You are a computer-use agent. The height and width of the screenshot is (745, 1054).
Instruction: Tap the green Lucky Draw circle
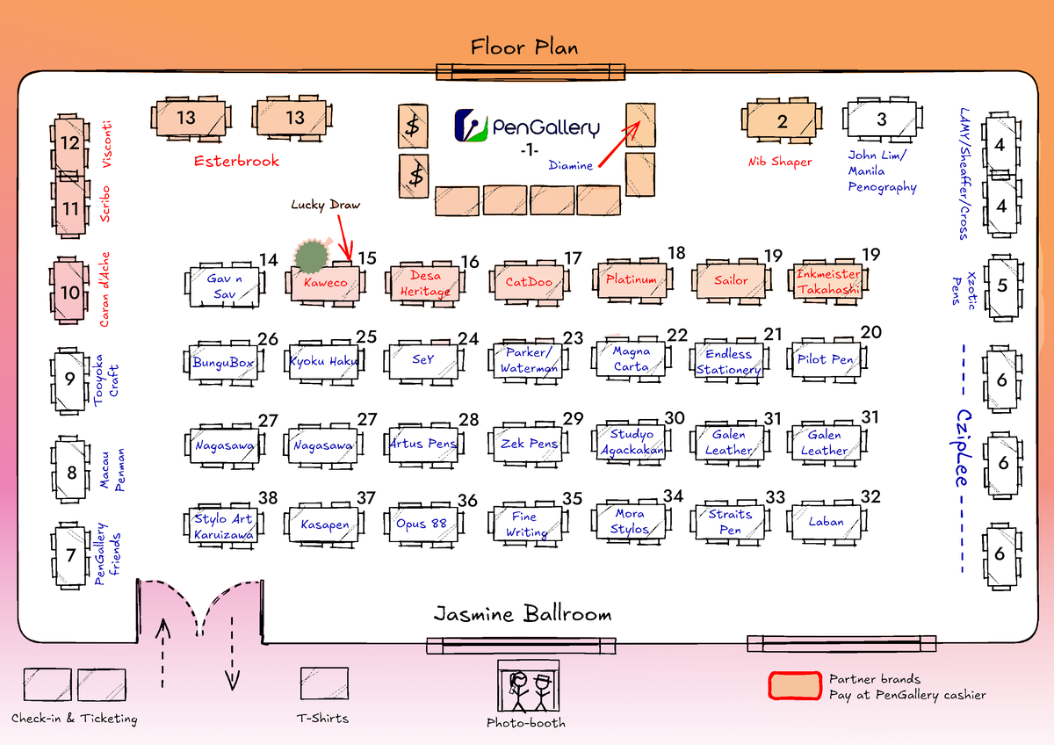[310, 256]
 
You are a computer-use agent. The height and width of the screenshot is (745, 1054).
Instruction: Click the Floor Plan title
[524, 47]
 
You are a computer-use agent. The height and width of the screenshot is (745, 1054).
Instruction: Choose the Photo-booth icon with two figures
[528, 687]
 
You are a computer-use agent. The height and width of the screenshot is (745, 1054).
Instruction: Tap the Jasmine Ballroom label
[523, 614]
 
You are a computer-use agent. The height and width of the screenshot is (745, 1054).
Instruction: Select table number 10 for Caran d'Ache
[70, 292]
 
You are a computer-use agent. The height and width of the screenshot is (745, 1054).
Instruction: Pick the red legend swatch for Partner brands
[794, 686]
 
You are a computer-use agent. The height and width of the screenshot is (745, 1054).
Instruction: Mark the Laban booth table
[826, 522]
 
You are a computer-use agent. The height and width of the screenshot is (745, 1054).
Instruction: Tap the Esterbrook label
[236, 161]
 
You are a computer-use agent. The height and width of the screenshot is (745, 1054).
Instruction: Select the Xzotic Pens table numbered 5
[1002, 286]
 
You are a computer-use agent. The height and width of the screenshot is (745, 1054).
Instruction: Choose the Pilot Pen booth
[826, 359]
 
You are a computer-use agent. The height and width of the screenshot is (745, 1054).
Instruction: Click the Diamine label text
[571, 165]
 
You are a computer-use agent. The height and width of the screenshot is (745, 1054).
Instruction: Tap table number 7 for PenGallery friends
[71, 555]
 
